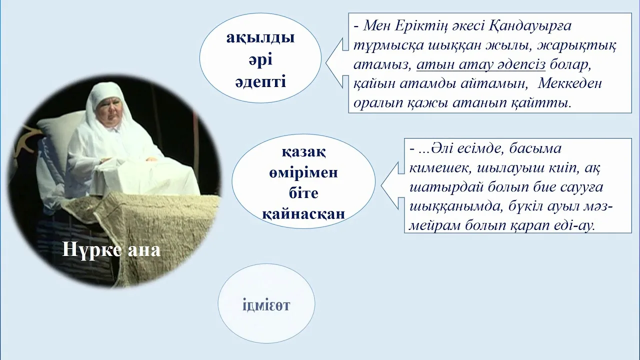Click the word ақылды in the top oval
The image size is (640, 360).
click(x=260, y=38)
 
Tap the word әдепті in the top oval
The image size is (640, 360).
click(x=260, y=81)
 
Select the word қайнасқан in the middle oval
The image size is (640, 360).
click(x=303, y=213)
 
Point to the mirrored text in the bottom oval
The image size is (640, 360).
click(x=266, y=305)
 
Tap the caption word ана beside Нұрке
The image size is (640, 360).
click(x=143, y=249)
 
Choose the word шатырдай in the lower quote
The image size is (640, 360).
click(x=435, y=187)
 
